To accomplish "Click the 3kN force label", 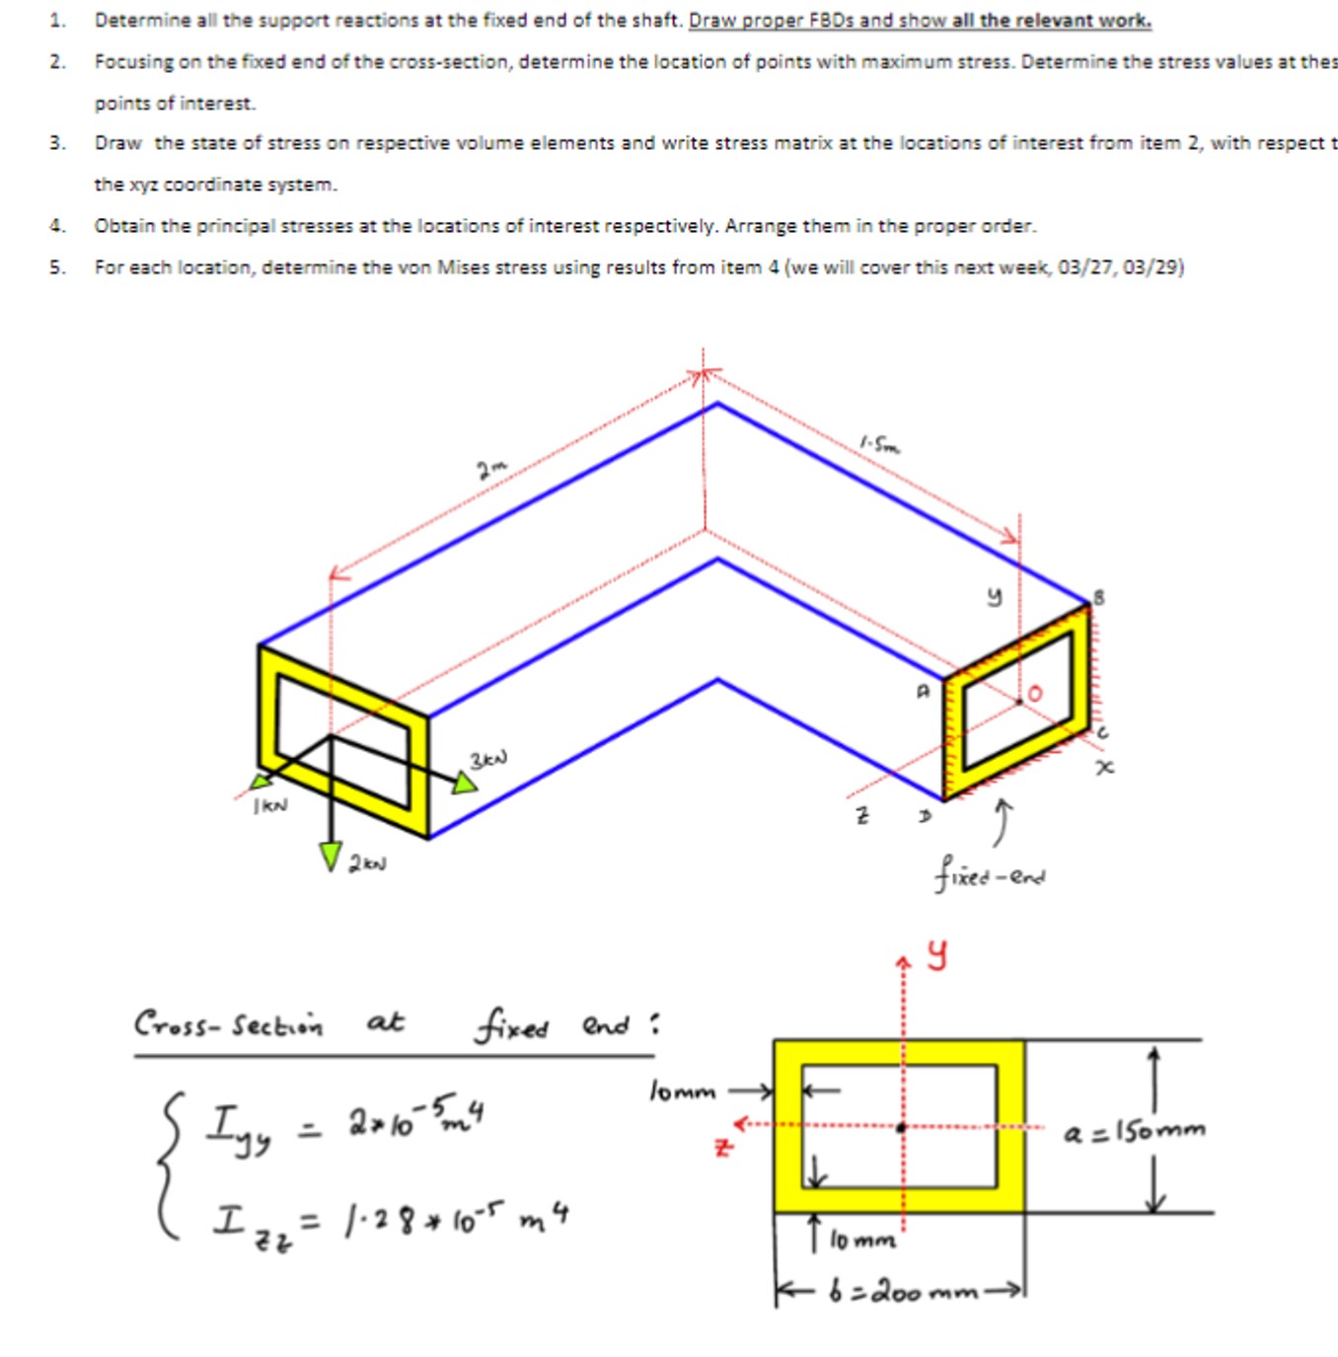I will (x=488, y=759).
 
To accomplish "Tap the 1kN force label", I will (x=270, y=805).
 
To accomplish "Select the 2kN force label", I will (x=367, y=864).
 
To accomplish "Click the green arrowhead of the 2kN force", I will (x=331, y=856).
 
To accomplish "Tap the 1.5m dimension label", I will (x=879, y=445).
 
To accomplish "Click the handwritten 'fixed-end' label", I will (x=991, y=874).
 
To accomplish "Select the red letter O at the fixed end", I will (x=1034, y=693).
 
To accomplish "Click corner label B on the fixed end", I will (x=1099, y=597).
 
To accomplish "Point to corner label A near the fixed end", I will (x=923, y=692).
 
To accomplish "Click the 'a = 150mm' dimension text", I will (x=1135, y=1131).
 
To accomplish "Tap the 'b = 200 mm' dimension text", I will (x=902, y=1291).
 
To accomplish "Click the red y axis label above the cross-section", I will (x=937, y=954).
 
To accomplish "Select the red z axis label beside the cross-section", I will (x=724, y=1148).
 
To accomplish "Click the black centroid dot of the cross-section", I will (x=901, y=1127).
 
